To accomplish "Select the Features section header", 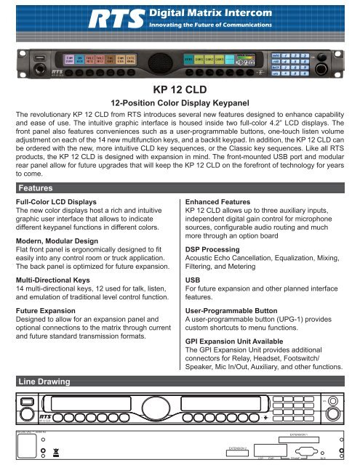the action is pos(40,187).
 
